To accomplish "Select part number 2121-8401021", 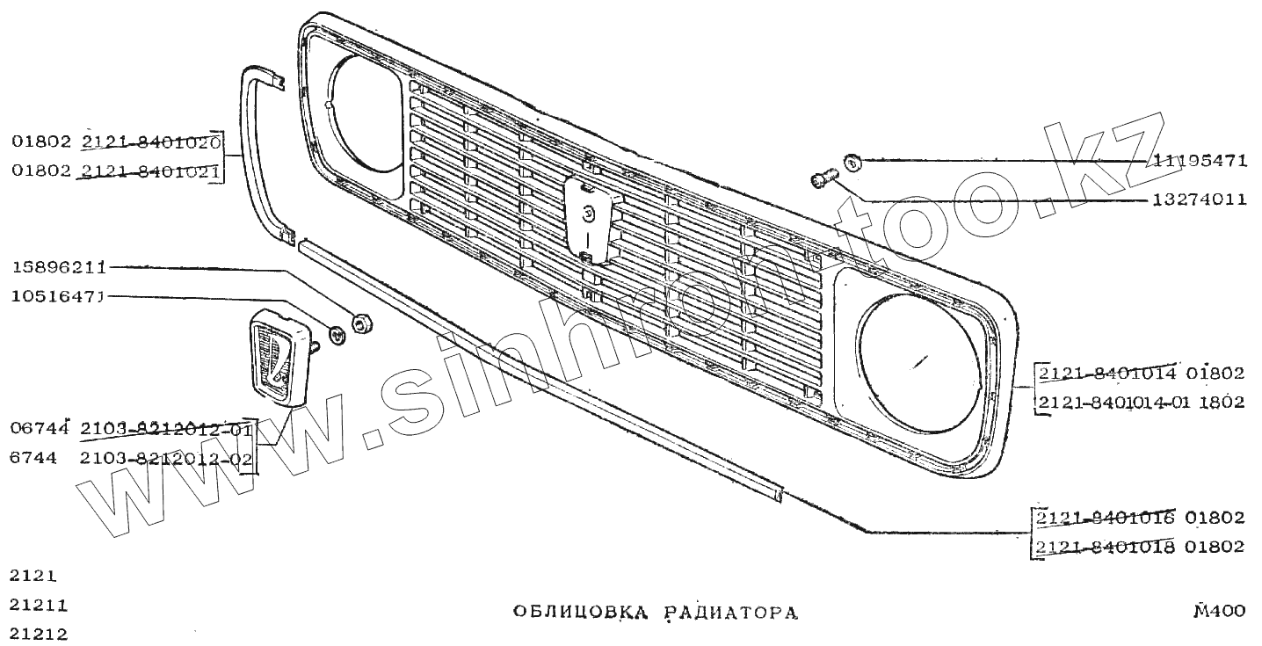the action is pos(150,171).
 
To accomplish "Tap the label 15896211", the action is pos(59,266).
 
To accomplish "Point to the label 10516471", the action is pos(59,297).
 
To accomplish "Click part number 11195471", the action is pos(1200,161).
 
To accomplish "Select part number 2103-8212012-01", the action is pos(166,430).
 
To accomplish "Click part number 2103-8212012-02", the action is pos(166,459).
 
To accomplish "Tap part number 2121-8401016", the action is pos(1106,517).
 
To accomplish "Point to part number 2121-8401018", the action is pos(1106,547).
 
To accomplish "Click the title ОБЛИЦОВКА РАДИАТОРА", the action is pos(656,613).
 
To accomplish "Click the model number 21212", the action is pos(39,634).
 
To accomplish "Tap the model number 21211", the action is pos(39,606).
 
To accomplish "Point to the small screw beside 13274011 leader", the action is pos(821,180).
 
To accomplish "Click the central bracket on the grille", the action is pos(586,220).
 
